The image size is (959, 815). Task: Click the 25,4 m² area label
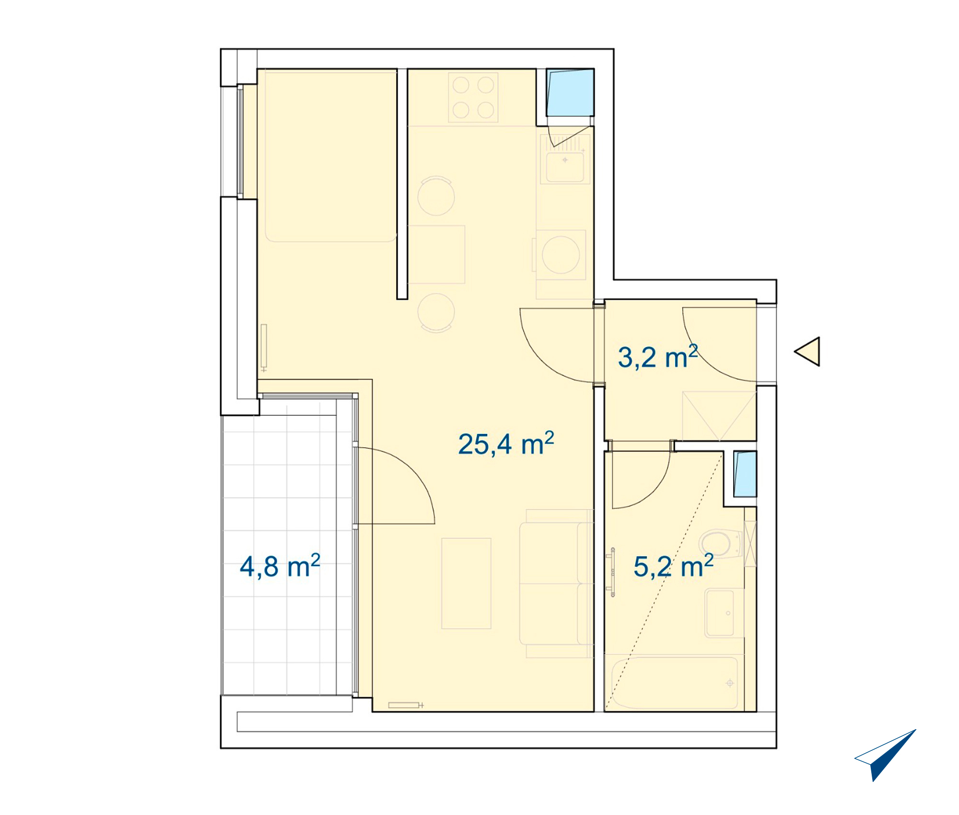click(x=506, y=443)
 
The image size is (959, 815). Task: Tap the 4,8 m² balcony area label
click(x=280, y=566)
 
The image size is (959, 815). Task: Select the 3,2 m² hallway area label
click(x=658, y=357)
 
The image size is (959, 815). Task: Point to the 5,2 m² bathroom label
click(x=674, y=566)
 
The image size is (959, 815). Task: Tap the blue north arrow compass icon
click(x=885, y=755)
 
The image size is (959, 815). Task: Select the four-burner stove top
click(x=473, y=98)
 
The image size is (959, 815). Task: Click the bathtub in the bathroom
click(x=674, y=683)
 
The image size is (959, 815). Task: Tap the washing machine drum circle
click(x=561, y=255)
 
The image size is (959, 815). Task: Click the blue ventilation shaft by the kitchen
click(x=570, y=93)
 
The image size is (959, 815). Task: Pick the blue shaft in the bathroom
click(x=745, y=474)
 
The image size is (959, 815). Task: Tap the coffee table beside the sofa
click(x=466, y=583)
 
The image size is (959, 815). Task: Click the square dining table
click(x=436, y=255)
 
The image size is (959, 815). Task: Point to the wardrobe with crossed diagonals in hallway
click(x=719, y=416)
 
